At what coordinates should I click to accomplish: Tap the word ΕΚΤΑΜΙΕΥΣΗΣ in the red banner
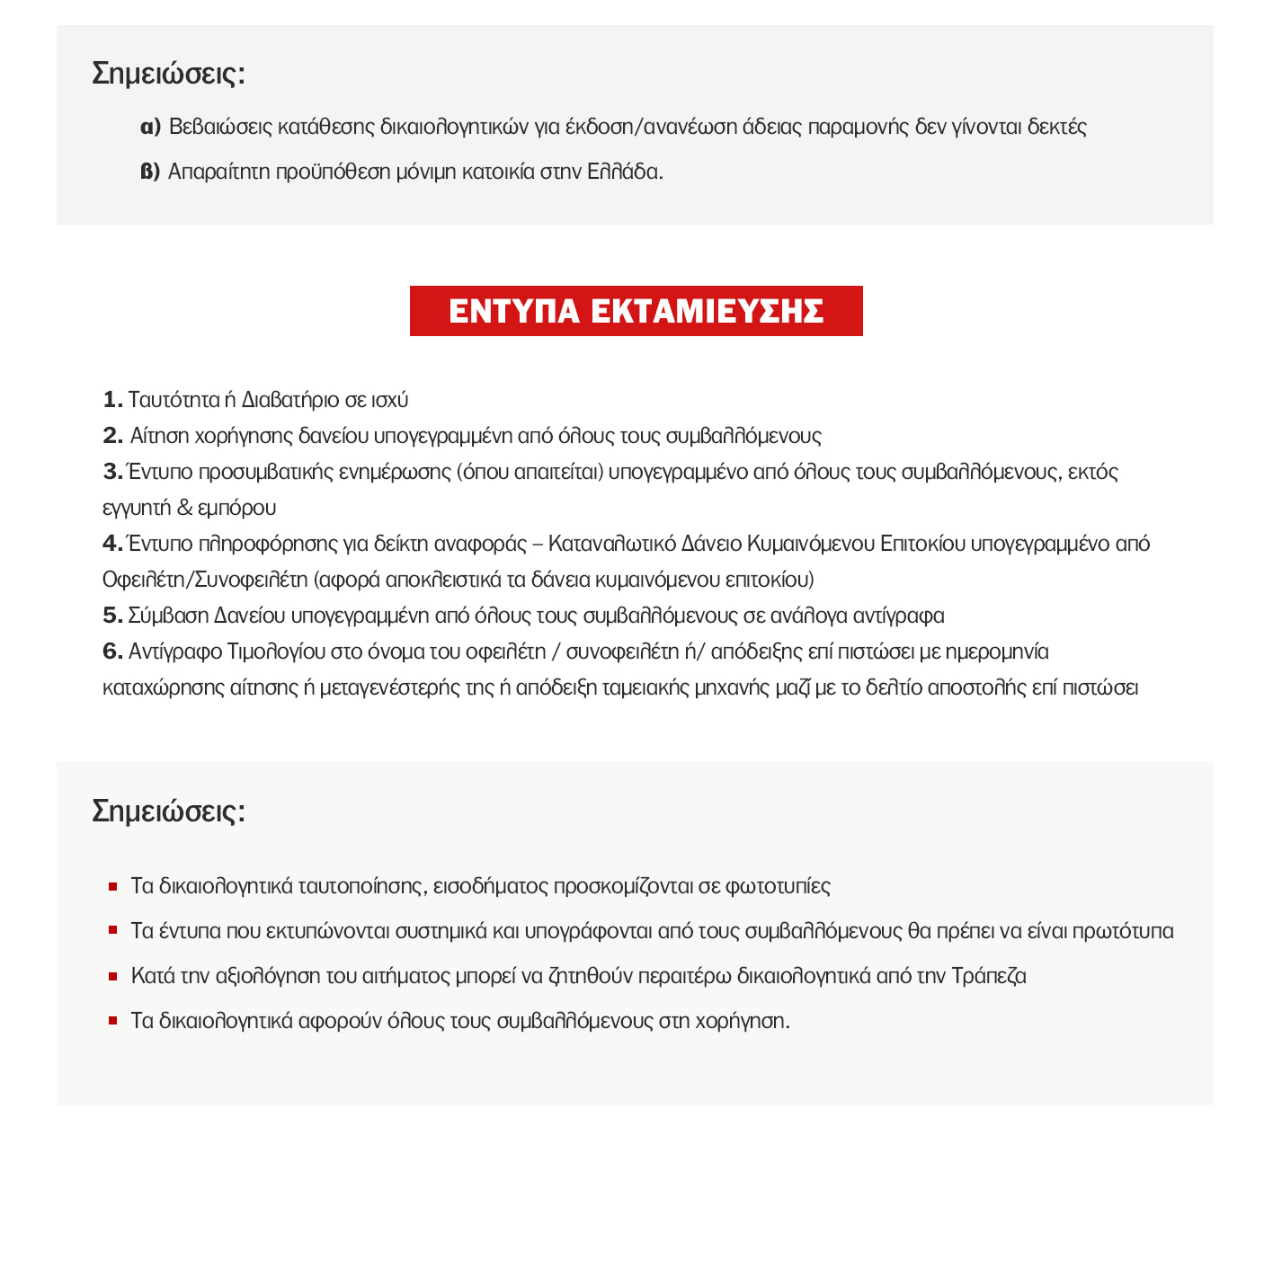[708, 311]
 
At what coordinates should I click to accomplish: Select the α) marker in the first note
[150, 127]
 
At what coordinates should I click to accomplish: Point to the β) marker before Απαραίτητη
[150, 172]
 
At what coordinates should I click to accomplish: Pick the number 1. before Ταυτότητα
[112, 400]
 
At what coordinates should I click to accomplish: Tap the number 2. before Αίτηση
[112, 436]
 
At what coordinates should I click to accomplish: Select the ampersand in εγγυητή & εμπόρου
[184, 508]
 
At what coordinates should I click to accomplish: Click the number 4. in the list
[112, 544]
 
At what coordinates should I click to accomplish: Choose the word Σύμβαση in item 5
[169, 616]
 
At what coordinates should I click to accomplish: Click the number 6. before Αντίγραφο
[112, 652]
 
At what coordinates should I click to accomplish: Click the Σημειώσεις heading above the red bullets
[168, 811]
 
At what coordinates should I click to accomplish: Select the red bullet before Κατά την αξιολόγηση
[113, 976]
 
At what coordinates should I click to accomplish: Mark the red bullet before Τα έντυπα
[113, 931]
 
